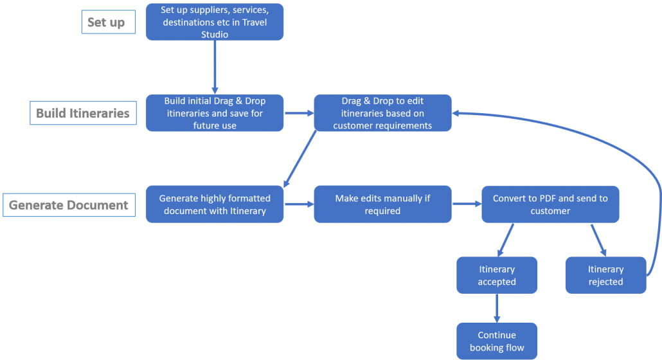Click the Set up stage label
coord(109,22)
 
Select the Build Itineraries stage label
coord(83,113)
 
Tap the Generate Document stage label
coord(69,205)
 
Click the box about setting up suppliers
coord(215,22)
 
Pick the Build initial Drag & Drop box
coord(215,113)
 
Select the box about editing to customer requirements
coord(382,113)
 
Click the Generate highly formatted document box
coord(215,204)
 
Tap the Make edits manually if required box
coord(382,204)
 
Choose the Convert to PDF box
coord(550,204)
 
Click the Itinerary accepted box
coord(496,275)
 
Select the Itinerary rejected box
coord(605,275)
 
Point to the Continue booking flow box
coord(496,341)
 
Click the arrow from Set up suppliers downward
coord(215,67)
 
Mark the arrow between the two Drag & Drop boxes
coord(299,113)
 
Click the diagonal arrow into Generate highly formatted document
coord(300,159)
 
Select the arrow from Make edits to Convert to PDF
coord(467,204)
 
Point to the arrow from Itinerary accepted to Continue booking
coord(496,308)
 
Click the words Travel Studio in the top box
coord(233,28)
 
